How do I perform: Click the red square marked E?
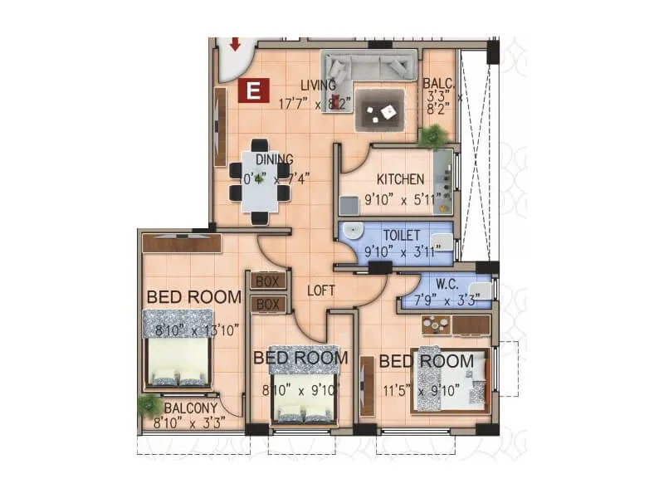pyautogui.click(x=253, y=90)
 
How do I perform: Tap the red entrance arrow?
pyautogui.click(x=235, y=43)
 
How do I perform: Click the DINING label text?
pyautogui.click(x=273, y=160)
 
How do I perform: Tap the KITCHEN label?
pyautogui.click(x=400, y=179)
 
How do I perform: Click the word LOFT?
pyautogui.click(x=320, y=290)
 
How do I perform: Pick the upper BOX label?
pyautogui.click(x=267, y=281)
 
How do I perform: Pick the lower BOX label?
pyautogui.click(x=267, y=305)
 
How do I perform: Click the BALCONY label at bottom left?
pyautogui.click(x=191, y=408)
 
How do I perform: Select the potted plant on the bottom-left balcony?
pyautogui.click(x=149, y=406)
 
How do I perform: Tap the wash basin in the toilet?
pyautogui.click(x=354, y=232)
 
